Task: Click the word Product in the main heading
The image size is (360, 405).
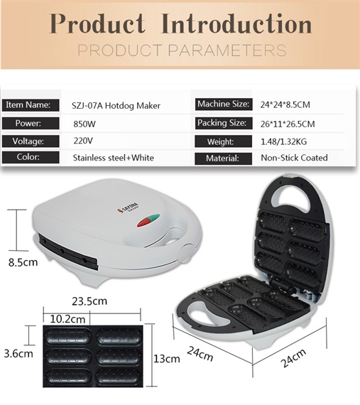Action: click(97, 23)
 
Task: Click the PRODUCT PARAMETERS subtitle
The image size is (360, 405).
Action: click(182, 50)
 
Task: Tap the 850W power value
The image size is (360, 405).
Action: click(84, 124)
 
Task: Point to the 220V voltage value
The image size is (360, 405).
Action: click(83, 141)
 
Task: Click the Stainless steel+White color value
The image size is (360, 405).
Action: click(114, 158)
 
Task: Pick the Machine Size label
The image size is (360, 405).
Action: click(224, 104)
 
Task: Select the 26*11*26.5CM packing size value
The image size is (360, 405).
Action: click(288, 124)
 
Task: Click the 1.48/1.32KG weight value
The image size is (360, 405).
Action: click(283, 141)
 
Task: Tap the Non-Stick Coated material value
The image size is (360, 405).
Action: click(294, 158)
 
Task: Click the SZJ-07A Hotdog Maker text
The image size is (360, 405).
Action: click(116, 106)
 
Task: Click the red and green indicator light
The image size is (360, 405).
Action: click(148, 220)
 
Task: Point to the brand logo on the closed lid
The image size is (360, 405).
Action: click(128, 207)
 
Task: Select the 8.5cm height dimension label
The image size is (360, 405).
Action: click(23, 262)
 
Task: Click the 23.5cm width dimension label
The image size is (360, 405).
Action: click(89, 301)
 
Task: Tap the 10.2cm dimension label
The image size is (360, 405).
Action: click(67, 319)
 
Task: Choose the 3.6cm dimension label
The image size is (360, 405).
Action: click(18, 353)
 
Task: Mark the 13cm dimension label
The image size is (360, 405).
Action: click(167, 359)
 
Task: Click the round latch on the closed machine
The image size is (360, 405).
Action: click(187, 253)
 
